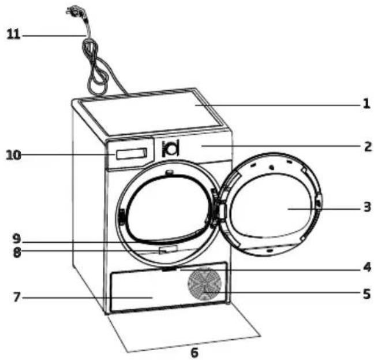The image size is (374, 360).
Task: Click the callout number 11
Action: [13, 34]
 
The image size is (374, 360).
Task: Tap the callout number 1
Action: [367, 104]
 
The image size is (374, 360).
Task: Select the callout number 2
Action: [368, 147]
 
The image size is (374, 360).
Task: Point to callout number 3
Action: [367, 207]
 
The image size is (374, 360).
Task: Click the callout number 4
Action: [367, 267]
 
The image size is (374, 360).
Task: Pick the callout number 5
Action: [367, 294]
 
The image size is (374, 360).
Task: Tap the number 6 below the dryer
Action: [195, 352]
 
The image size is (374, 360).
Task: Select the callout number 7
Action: [17, 297]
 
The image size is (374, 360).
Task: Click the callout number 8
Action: [17, 253]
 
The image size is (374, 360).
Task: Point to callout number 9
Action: [17, 239]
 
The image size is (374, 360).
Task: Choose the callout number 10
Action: [13, 155]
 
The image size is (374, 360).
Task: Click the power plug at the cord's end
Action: [76, 12]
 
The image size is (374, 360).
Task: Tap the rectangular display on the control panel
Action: [132, 154]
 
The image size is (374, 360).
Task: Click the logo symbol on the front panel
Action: [170, 149]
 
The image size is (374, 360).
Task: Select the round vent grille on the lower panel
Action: [205, 284]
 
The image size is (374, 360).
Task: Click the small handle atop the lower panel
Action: [169, 269]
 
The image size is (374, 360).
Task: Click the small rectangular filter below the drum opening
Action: [168, 250]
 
